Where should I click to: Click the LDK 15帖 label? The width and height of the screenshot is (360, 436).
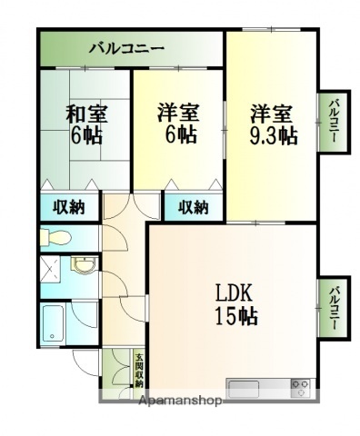(235, 304)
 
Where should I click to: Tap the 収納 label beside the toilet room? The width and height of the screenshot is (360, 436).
(68, 207)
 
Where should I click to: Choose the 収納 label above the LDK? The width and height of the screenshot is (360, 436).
(193, 207)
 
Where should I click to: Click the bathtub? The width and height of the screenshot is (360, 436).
(54, 323)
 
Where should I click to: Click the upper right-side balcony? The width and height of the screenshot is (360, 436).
(334, 123)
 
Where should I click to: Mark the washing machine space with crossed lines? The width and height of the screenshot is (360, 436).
(52, 272)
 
